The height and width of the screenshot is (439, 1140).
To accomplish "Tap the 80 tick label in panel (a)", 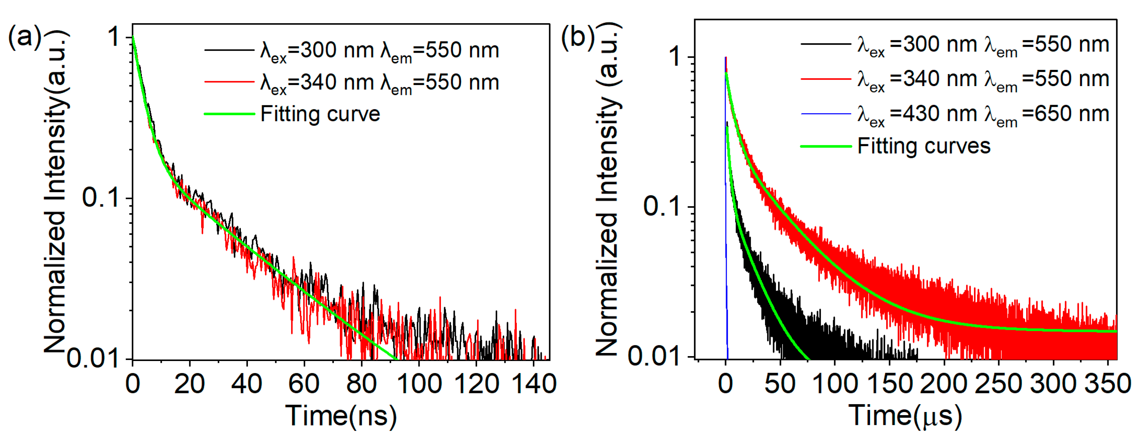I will click(361, 383).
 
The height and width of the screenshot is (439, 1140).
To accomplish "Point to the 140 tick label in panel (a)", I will click(534, 383).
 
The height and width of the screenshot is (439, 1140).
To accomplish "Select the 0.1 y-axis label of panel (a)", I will click(101, 197).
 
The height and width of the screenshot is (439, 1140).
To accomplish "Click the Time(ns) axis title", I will click(341, 416).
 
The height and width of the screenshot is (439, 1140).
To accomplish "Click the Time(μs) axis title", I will click(905, 416).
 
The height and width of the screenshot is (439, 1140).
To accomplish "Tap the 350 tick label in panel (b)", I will click(1108, 383).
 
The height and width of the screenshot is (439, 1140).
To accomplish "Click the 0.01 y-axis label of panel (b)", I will click(653, 355).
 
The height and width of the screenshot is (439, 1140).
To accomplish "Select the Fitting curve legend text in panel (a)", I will click(320, 114).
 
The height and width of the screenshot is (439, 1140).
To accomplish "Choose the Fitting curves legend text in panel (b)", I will click(924, 146).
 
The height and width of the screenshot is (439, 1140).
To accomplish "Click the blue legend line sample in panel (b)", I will click(826, 114).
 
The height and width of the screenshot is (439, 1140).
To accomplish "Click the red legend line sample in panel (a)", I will click(229, 82).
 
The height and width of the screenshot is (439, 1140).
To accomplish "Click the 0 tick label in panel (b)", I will click(725, 383).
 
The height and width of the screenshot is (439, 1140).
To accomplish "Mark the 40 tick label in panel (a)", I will click(246, 383).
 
